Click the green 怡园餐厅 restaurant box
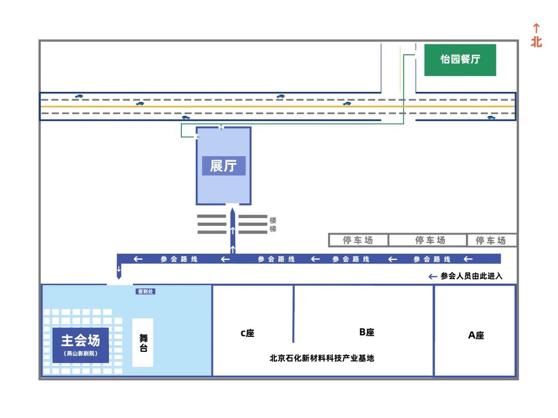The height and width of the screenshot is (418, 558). click(x=460, y=60)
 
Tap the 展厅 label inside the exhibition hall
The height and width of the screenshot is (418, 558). click(x=223, y=166)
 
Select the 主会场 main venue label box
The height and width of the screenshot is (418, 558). click(x=81, y=344)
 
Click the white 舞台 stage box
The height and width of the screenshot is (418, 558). click(x=143, y=343)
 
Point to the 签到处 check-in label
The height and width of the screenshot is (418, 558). click(x=145, y=291)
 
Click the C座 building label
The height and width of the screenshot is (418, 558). click(x=247, y=333)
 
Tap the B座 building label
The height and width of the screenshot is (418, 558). click(x=366, y=332)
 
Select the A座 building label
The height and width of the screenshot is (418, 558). click(x=476, y=335)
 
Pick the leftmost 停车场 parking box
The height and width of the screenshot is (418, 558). click(x=358, y=240)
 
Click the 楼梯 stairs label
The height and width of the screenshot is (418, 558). click(x=273, y=224)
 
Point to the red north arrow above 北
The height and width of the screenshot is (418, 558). click(x=536, y=28)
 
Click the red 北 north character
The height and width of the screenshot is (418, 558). click(x=536, y=42)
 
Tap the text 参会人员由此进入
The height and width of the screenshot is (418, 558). click(x=471, y=276)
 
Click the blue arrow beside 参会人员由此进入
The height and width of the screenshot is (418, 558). click(x=432, y=276)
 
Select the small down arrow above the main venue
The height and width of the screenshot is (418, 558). click(x=119, y=269)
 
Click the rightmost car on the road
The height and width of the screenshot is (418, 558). click(x=491, y=118)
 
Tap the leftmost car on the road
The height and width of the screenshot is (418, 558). click(x=79, y=97)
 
